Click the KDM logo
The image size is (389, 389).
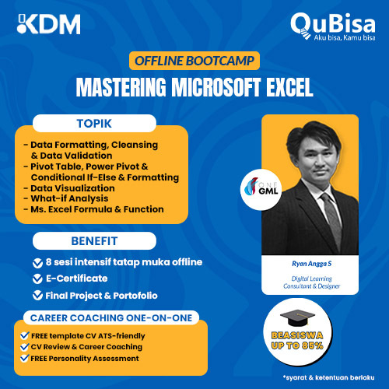49,24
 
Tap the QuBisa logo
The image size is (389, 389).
333,26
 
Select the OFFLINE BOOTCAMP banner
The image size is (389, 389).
194,61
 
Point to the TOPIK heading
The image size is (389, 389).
93,124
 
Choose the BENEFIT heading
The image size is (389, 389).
93,240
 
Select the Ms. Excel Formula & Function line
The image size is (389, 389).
97,209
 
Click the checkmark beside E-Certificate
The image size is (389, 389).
38,279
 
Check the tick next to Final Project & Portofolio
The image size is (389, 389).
38,294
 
